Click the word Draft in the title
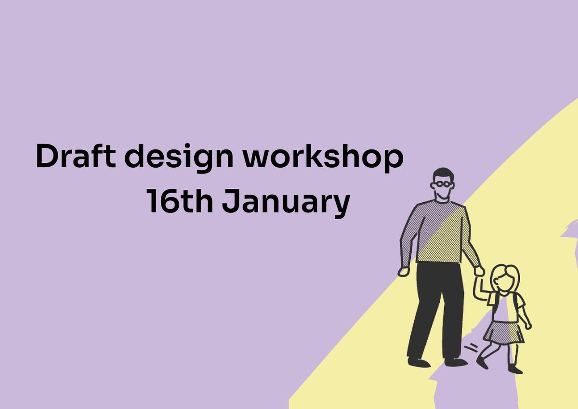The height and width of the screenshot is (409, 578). tap(77, 156)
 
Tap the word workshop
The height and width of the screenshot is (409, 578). tap(323, 157)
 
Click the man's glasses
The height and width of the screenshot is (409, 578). tap(444, 184)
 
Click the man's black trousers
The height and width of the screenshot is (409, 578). tap(436, 308)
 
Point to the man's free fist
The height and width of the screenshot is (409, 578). tap(403, 271)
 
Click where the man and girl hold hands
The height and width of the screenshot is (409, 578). tap(479, 271)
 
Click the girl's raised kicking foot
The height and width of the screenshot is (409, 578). tap(482, 362)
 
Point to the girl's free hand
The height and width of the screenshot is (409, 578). tap(528, 326)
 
